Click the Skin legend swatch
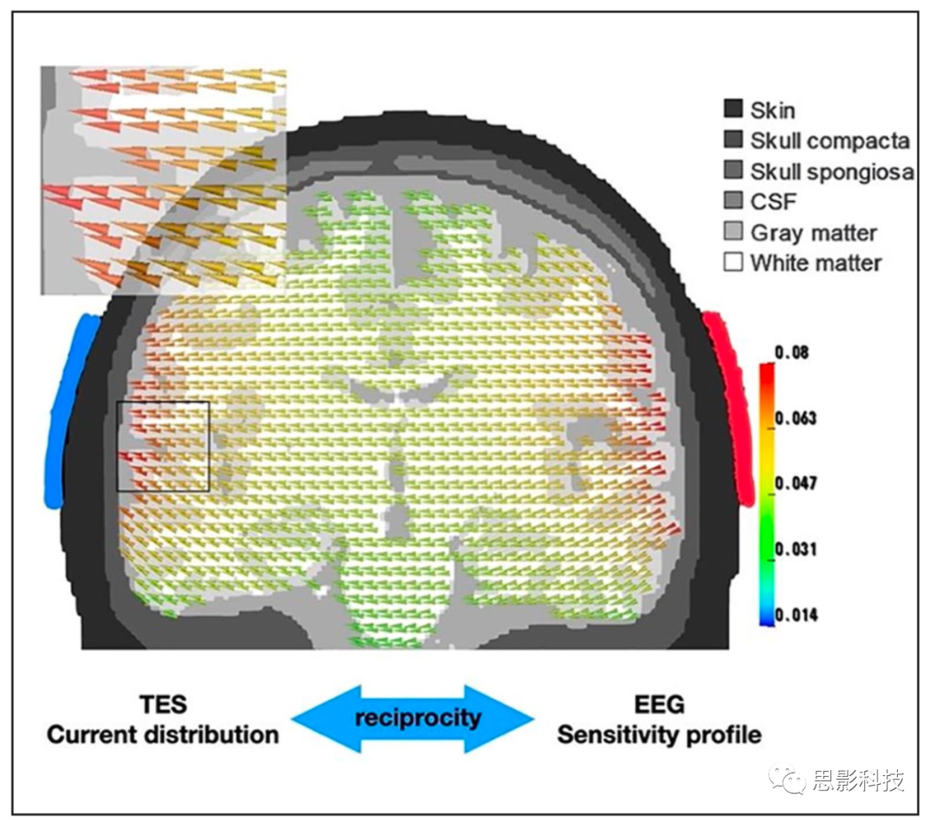click(733, 109)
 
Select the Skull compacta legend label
click(830, 140)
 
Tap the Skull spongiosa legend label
click(832, 172)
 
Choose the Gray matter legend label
click(814, 232)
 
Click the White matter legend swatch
click(733, 262)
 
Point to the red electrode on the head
click(732, 407)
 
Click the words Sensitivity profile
click(659, 735)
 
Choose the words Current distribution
click(163, 735)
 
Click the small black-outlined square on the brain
click(164, 446)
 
